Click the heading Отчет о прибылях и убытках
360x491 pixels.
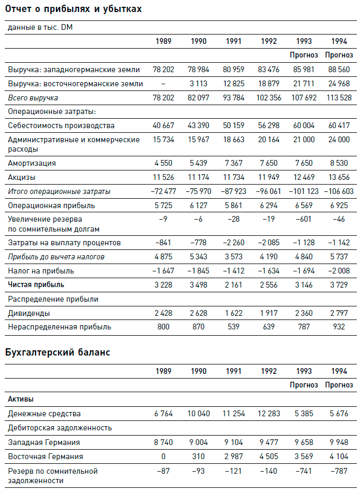pos(73,9)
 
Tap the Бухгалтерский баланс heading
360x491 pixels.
pos(58,352)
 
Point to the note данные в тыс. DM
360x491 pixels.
pos(40,28)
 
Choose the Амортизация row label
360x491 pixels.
pos(31,163)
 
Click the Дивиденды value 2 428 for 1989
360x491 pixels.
pos(163,313)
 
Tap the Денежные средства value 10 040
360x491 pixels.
pos(198,414)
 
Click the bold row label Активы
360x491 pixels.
pos(21,399)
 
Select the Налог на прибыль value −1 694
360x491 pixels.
pos(303,271)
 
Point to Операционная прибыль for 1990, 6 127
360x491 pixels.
pos(198,205)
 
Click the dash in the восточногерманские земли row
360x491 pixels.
pos(163,83)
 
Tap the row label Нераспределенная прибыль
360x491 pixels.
pos(52,327)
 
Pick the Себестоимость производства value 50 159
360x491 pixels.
pos(233,125)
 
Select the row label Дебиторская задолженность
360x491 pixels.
pos(60,428)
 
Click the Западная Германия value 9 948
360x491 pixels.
pos(339,442)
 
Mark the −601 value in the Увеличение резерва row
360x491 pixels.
pos(304,220)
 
